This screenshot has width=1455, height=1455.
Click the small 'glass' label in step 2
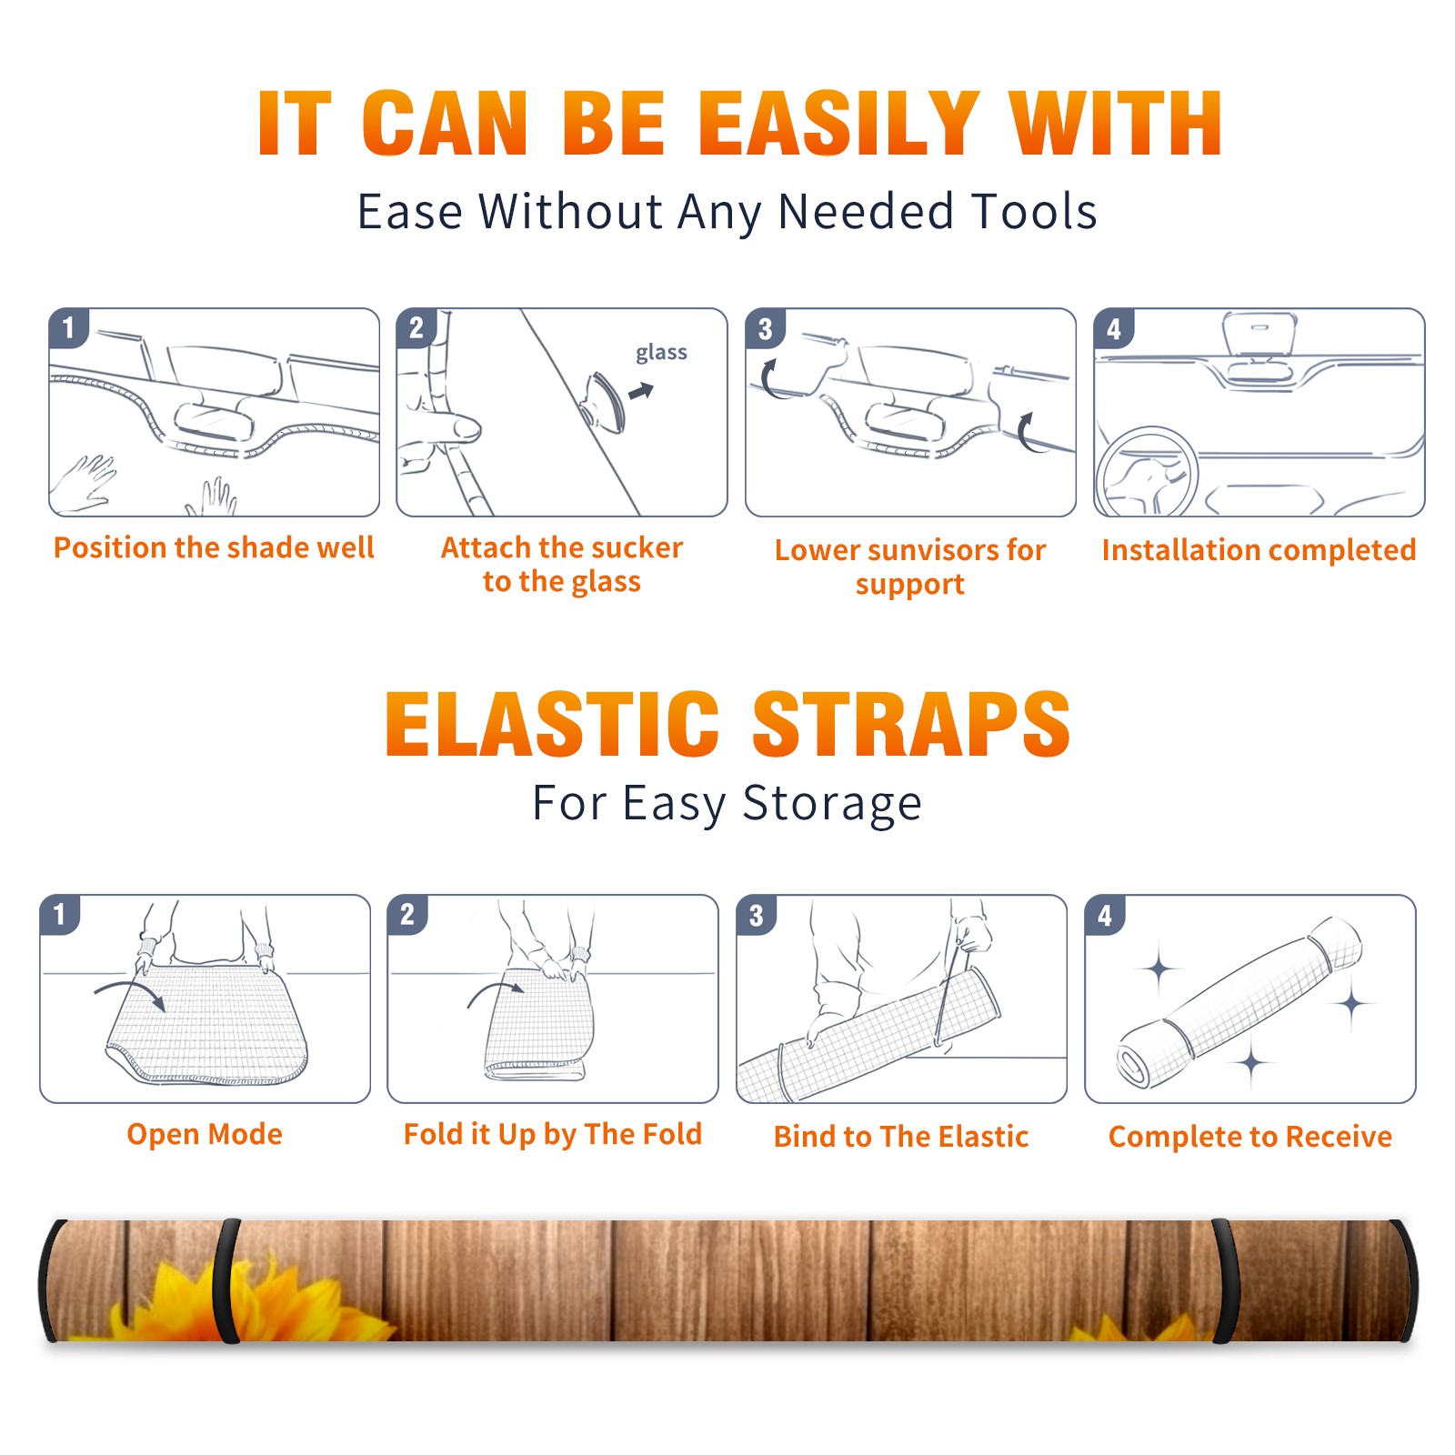coord(661,352)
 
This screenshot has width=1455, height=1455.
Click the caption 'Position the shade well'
coord(214,547)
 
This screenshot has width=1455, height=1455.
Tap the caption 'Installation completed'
coord(1259,550)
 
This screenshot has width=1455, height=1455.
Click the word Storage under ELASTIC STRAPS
coord(832,804)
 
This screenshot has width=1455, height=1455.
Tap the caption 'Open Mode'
coord(205,1134)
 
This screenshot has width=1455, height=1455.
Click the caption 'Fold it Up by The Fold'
coord(553,1135)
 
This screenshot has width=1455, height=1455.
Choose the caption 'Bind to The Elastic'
coord(901,1137)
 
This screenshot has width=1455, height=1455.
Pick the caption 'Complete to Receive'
coord(1250,1137)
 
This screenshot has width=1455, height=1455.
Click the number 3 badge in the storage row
coord(756,915)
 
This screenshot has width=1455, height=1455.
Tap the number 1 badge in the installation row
coord(68,327)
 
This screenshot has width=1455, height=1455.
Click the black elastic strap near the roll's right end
coord(1224,1281)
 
